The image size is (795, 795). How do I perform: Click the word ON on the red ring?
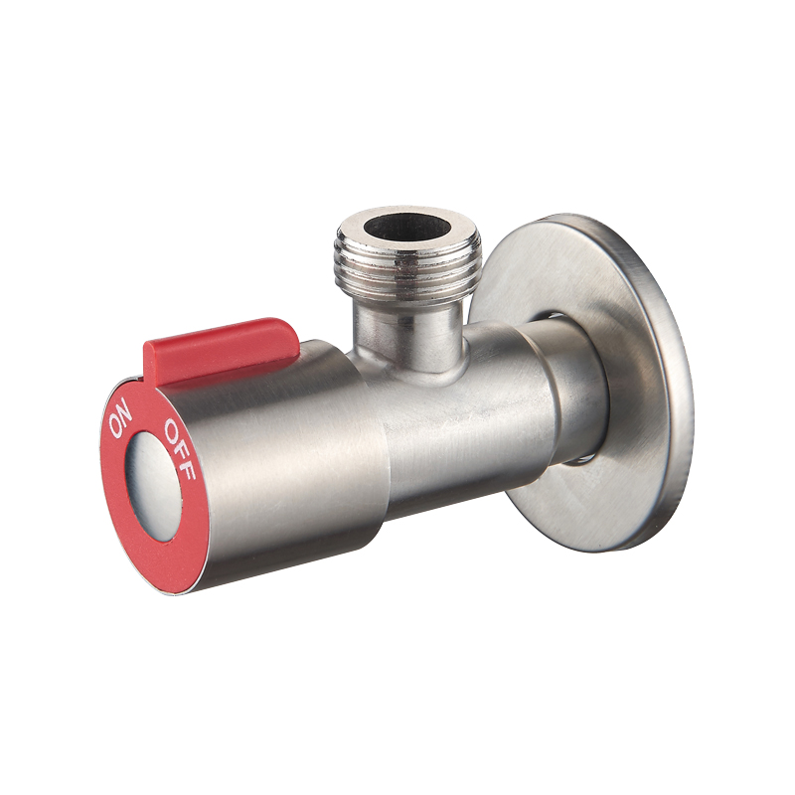point(120,420)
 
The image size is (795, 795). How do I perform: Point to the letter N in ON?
point(125,410)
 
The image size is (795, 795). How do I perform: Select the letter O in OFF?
point(172,428)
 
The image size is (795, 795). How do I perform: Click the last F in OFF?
point(187,471)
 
